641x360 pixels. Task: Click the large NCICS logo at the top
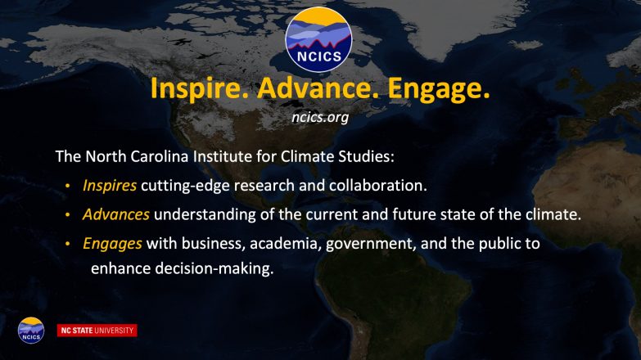[x=318, y=39]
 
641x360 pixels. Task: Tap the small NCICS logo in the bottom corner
[x=31, y=331]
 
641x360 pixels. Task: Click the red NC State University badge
[x=97, y=331]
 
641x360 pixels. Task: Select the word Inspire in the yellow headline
[x=200, y=88]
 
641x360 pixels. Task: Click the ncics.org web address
[x=320, y=118]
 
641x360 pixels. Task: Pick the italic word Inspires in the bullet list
[x=110, y=186]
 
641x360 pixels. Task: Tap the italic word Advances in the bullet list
[x=116, y=214]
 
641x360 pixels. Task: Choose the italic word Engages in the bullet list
[x=112, y=244]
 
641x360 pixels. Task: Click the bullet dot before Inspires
[x=67, y=187]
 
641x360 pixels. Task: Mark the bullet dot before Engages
[x=67, y=245]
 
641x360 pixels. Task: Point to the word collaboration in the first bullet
[x=378, y=186]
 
